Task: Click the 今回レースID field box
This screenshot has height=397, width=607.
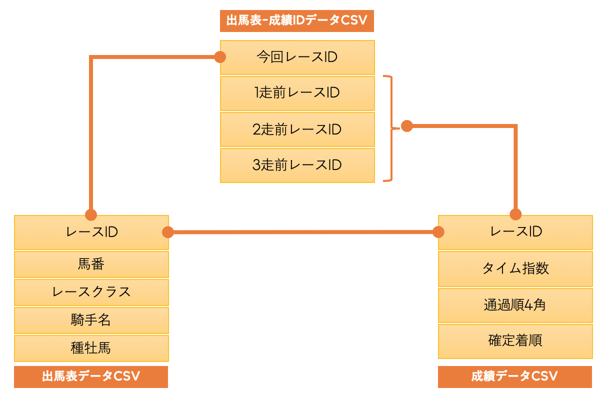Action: (297, 57)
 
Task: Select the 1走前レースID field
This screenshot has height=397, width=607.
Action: (297, 93)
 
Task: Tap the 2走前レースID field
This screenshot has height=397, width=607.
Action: (297, 129)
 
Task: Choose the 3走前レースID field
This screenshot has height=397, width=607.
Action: (297, 165)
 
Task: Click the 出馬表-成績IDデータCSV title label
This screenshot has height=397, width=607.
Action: (297, 21)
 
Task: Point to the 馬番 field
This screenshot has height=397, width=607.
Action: (91, 264)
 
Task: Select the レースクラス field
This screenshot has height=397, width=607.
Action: (91, 292)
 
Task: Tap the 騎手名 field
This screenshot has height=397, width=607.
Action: (91, 320)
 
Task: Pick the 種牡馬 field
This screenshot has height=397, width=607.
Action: (91, 348)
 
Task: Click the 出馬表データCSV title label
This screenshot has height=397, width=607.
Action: (91, 376)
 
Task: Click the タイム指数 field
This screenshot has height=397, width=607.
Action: (515, 268)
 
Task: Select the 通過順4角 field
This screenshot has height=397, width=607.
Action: (515, 304)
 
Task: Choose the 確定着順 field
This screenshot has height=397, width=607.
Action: (515, 341)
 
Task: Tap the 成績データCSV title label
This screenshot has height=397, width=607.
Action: (514, 376)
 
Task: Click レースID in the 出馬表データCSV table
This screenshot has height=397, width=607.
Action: (91, 232)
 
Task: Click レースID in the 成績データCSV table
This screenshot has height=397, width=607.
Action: (515, 232)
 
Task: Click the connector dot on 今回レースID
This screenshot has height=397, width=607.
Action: (219, 57)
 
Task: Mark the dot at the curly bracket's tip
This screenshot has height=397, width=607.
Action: (407, 126)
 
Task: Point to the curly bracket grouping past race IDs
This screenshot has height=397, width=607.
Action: (389, 128)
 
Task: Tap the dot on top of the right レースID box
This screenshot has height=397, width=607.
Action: (515, 214)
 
